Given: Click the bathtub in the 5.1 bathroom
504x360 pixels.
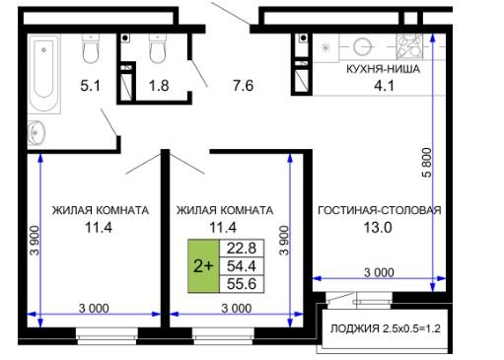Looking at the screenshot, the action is (43, 74).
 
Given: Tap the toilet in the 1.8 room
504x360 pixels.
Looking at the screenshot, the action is (158, 48).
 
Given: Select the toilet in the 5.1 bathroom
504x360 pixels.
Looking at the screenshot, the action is (91, 48).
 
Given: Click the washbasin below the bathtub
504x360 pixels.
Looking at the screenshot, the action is (36, 133).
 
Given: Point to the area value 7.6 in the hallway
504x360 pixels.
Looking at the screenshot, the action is (243, 86).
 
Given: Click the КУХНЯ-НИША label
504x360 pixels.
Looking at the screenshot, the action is (383, 69).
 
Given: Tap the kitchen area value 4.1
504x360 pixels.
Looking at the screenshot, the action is (384, 86).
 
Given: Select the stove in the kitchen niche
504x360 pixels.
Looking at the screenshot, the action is (408, 46).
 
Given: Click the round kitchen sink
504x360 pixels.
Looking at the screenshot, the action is (363, 46).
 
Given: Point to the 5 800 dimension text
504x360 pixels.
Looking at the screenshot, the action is (426, 163).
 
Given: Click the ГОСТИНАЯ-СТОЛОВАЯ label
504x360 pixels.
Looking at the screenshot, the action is (380, 210).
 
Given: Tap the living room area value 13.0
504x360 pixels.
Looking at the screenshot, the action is (378, 228).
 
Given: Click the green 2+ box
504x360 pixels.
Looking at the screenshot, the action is (203, 266).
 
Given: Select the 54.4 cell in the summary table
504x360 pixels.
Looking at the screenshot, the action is (242, 266).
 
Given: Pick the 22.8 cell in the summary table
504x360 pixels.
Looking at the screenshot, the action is (242, 249).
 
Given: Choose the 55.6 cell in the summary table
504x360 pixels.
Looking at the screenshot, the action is (242, 284).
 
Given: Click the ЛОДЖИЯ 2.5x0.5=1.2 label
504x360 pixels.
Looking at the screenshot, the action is (386, 328).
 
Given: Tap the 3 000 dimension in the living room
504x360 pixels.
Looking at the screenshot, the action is (379, 272).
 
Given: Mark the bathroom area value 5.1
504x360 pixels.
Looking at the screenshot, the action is (90, 86).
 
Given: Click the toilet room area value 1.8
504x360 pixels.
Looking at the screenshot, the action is (159, 86).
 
